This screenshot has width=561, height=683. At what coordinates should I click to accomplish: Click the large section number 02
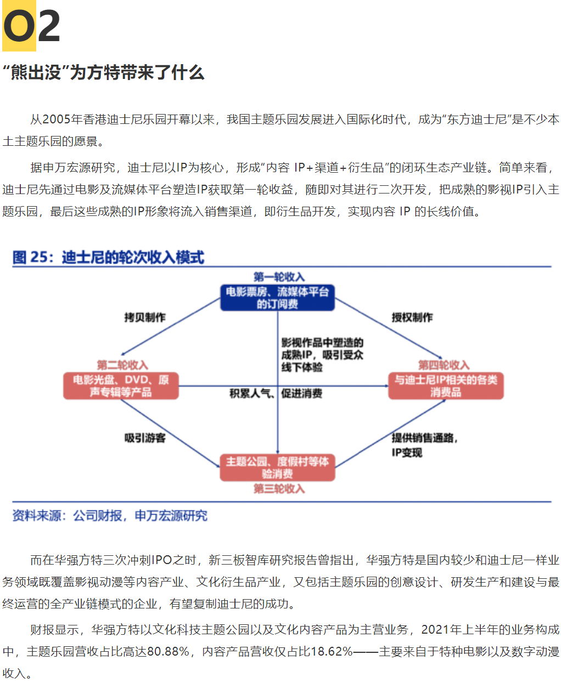point(31,26)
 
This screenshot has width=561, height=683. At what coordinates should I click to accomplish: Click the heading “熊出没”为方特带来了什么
point(104,72)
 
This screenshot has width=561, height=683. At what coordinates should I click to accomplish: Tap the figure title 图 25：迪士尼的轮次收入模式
point(108,258)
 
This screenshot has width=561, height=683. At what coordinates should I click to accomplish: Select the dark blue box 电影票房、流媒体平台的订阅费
point(277,298)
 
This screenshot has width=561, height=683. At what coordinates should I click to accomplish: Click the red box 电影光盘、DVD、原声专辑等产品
point(121,386)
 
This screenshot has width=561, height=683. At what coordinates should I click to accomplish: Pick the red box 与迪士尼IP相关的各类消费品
point(446,386)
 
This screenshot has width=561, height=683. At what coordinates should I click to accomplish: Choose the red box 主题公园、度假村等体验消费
point(277,468)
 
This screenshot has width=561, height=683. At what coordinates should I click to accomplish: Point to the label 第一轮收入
point(279,277)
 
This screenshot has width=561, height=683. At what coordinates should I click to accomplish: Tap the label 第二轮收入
point(122,365)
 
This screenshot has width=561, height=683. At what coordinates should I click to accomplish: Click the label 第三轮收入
point(279,489)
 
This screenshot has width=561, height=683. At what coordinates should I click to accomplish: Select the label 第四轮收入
point(444,365)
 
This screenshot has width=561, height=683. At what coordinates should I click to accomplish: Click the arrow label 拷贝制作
point(145,317)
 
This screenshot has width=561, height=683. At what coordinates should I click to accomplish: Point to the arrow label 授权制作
point(412,317)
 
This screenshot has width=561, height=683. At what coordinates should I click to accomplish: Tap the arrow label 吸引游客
point(145,438)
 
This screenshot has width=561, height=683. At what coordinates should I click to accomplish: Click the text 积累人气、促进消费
point(276,394)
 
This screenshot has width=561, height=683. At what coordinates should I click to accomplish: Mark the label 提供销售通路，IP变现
point(424,445)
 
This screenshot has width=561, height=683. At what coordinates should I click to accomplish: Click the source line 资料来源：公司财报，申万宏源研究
point(110,516)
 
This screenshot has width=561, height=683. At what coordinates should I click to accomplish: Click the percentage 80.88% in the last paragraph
point(168,651)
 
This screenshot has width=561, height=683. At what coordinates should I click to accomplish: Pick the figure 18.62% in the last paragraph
point(331,651)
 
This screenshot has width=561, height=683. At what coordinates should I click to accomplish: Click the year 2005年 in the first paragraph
point(62,119)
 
